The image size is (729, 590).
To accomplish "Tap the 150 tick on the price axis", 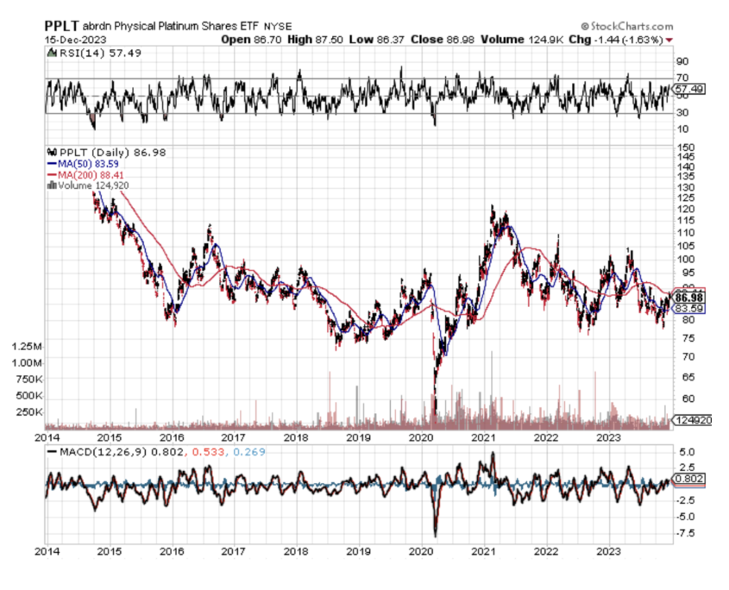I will tap(687, 147).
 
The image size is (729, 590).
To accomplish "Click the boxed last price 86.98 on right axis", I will tap(689, 298).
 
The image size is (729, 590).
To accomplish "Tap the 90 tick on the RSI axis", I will tap(682, 62).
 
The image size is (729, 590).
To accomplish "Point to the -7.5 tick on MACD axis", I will tap(687, 533).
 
